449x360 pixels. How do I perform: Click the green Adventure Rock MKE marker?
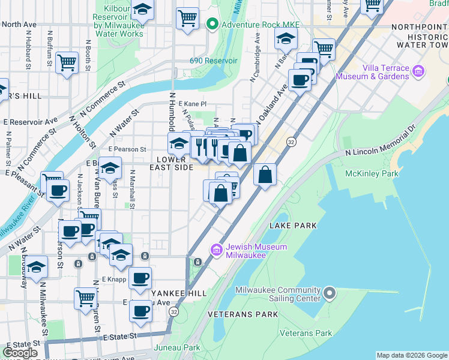point(211,25)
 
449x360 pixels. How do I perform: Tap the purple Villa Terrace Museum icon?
point(418,72)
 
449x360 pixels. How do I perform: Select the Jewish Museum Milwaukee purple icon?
point(216,249)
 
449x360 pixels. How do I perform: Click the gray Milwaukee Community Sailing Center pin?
point(329,293)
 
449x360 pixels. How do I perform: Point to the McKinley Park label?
point(372,173)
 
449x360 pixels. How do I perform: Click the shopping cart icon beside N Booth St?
point(67,62)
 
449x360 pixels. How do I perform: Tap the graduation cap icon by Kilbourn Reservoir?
point(142,10)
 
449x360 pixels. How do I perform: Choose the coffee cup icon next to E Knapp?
point(140,278)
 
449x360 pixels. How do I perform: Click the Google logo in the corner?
point(21,353)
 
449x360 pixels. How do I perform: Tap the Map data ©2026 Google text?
point(411,355)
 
